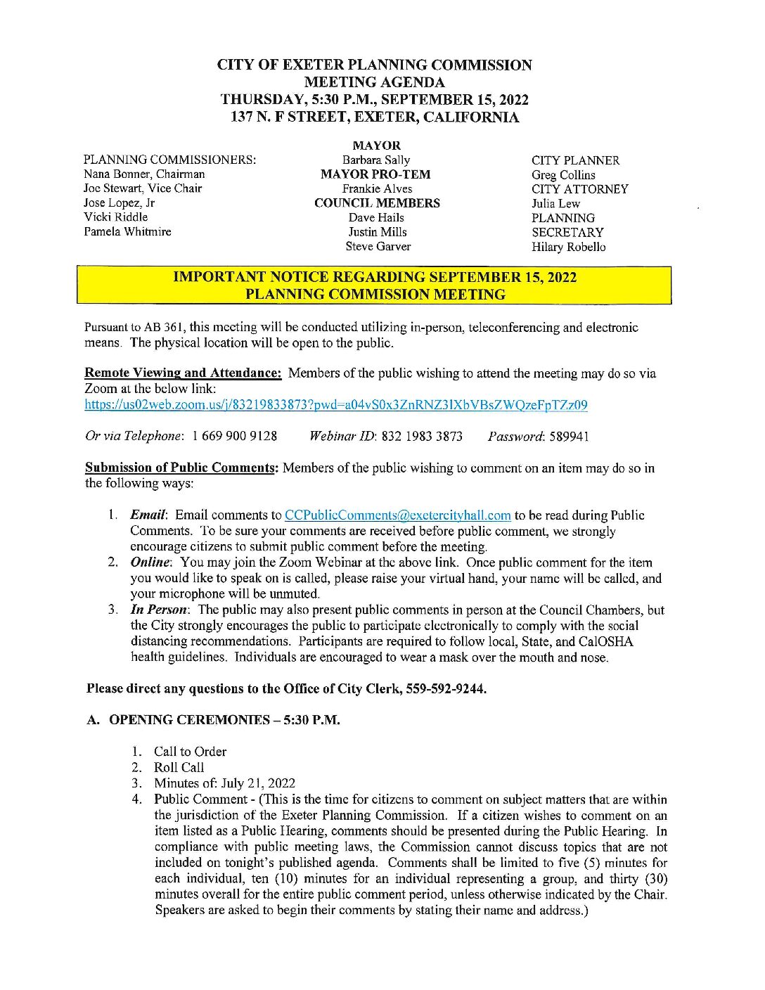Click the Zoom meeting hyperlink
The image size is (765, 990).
[x=336, y=405]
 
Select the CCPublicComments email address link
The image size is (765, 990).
[x=397, y=515]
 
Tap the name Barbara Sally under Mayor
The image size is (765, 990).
[x=376, y=160]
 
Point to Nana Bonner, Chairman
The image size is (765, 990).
[x=144, y=174]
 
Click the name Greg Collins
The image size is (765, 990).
[x=563, y=175]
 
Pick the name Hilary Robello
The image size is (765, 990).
[x=568, y=247]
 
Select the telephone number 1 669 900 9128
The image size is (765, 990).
[x=234, y=437]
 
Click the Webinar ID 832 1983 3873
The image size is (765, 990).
[x=422, y=437]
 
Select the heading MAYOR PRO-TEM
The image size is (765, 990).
[x=375, y=174]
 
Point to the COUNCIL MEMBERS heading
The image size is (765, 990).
[x=377, y=203]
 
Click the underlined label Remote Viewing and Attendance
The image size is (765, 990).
[x=183, y=373]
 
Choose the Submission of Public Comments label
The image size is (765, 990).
[x=181, y=468]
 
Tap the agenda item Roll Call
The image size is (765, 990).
[x=179, y=767]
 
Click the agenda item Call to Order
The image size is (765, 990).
[x=190, y=752]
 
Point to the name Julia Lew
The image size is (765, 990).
[x=555, y=204]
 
